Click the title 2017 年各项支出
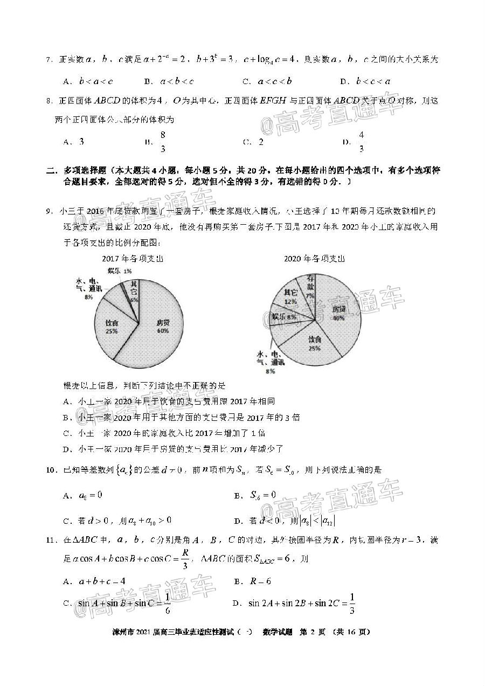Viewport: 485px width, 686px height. tap(133, 259)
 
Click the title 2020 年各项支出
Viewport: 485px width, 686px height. tap(315, 259)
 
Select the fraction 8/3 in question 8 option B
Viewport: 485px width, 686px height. tap(162, 142)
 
